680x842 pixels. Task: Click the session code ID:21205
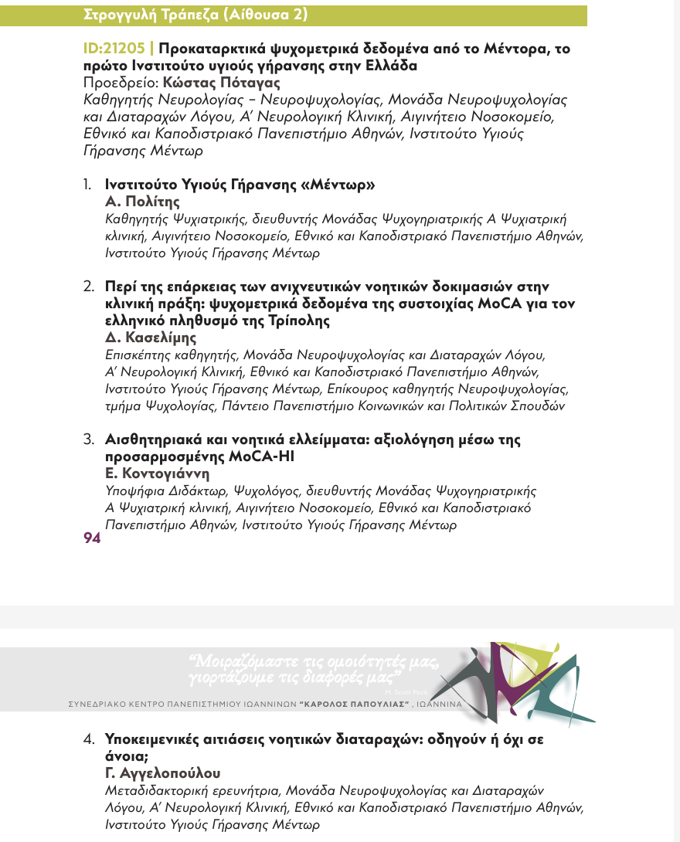pyautogui.click(x=117, y=48)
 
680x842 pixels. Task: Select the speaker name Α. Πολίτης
pyautogui.click(x=142, y=202)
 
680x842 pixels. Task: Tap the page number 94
pyautogui.click(x=92, y=538)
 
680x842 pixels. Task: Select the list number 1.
pyautogui.click(x=88, y=185)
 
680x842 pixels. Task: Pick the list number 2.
pyautogui.click(x=88, y=287)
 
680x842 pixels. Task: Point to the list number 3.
pyautogui.click(x=88, y=440)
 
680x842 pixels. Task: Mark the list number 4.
pyautogui.click(x=88, y=739)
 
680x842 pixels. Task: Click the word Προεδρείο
pyautogui.click(x=116, y=83)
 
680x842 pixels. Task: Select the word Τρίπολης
pyautogui.click(x=287, y=320)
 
